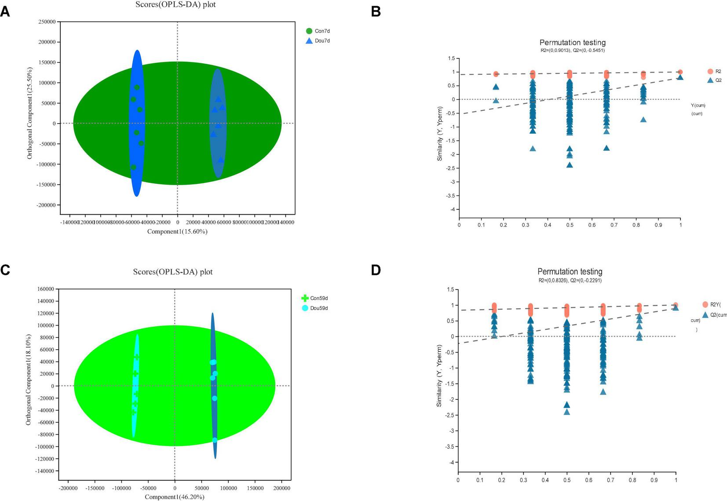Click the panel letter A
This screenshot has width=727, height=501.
tap(5, 11)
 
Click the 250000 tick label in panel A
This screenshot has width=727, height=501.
tap(47, 22)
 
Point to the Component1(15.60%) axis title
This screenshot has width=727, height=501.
tap(177, 231)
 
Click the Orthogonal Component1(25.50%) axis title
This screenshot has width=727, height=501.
tap(30, 113)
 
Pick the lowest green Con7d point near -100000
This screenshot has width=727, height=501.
tap(133, 167)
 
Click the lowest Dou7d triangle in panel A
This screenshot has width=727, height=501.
tap(221, 160)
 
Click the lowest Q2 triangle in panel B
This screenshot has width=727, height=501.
tap(570, 165)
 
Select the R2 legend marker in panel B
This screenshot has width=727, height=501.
tap(710, 71)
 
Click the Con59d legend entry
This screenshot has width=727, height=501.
tap(314, 298)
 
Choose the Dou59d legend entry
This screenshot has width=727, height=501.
tap(314, 308)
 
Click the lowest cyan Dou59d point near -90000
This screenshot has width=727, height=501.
tap(215, 440)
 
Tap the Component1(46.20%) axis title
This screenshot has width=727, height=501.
tap(175, 497)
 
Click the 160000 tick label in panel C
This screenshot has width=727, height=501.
tap(45, 289)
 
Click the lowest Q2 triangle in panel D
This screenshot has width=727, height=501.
tap(567, 412)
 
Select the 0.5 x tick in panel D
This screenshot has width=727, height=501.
tap(567, 480)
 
